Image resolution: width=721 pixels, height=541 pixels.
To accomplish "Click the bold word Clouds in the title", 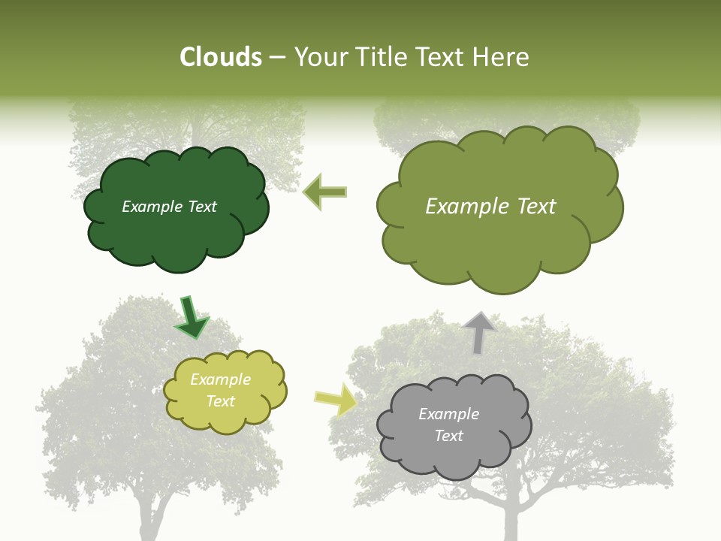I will point(221,57).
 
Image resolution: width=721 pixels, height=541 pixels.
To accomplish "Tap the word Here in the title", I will point(502,57).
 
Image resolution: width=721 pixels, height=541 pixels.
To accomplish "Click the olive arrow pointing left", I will point(326,192).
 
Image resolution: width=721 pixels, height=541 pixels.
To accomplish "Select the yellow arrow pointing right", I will point(336,399).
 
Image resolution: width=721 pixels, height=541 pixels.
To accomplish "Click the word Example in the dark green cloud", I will point(152,207).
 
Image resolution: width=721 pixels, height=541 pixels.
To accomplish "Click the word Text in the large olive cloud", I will point(536,207).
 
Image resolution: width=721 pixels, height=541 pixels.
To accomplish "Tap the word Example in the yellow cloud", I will point(221,379).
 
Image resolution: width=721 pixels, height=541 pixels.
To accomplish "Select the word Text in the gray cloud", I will point(449,436).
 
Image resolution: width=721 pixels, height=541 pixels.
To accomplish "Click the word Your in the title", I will point(316,57).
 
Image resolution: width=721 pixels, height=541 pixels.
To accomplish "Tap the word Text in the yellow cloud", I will point(221,401).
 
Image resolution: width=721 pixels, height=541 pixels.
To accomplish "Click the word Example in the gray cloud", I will point(449,414).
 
